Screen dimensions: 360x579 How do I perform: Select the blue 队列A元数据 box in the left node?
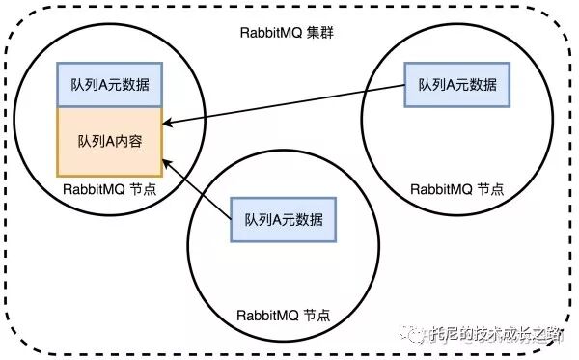pyautogui.click(x=109, y=85)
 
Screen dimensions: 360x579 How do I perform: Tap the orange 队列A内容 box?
pyautogui.click(x=109, y=141)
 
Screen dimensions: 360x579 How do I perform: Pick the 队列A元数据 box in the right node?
pyautogui.click(x=456, y=85)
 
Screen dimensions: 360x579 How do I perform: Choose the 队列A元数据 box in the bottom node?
pyautogui.click(x=283, y=219)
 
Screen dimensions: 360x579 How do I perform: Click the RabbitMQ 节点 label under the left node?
pyautogui.click(x=108, y=189)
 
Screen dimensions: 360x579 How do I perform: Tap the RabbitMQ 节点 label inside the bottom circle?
pyautogui.click(x=283, y=316)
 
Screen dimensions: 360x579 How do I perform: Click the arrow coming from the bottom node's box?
pyautogui.click(x=198, y=187)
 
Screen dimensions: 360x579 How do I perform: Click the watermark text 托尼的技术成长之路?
pyautogui.click(x=496, y=335)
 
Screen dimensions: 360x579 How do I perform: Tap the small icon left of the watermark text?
pyautogui.click(x=418, y=335)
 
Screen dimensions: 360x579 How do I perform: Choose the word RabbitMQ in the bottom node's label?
pyautogui.click(x=267, y=316)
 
